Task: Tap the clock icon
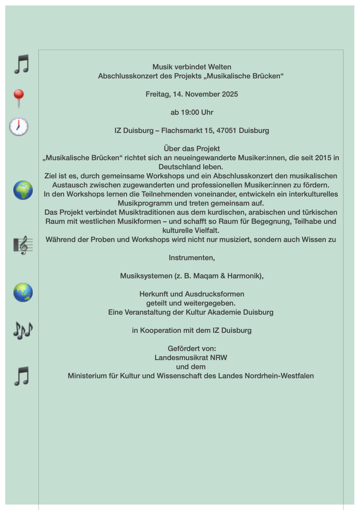tap(19, 127)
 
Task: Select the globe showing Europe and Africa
tap(23, 190)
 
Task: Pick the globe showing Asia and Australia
tap(23, 292)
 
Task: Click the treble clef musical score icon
tap(23, 245)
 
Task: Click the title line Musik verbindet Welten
tap(192, 67)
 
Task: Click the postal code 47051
tap(225, 131)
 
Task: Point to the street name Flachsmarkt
tap(181, 131)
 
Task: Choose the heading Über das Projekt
tap(192, 149)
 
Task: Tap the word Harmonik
tap(243, 276)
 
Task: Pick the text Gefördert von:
tap(192, 348)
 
